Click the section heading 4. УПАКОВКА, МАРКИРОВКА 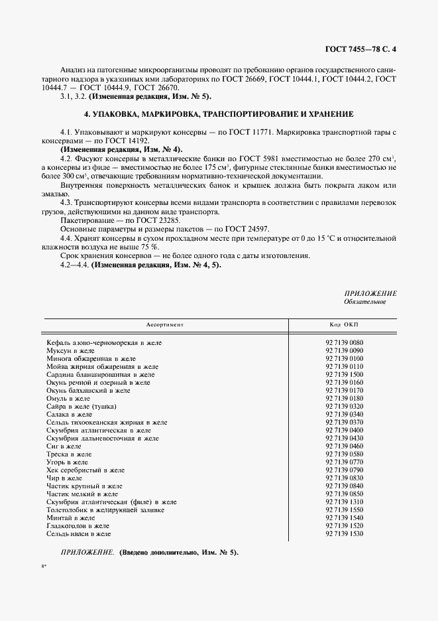(218, 113)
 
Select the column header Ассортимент (164, 325)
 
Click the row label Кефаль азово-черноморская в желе (104, 342)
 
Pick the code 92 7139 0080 (345, 342)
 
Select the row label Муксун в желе (70, 350)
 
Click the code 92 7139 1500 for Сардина (345, 374)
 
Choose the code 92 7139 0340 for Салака (345, 414)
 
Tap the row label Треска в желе (69, 454)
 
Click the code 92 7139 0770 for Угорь (345, 462)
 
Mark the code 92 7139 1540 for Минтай (345, 517)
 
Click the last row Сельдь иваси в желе (78, 533)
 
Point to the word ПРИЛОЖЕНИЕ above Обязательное (370, 293)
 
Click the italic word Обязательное (364, 302)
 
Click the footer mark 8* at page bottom (43, 567)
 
